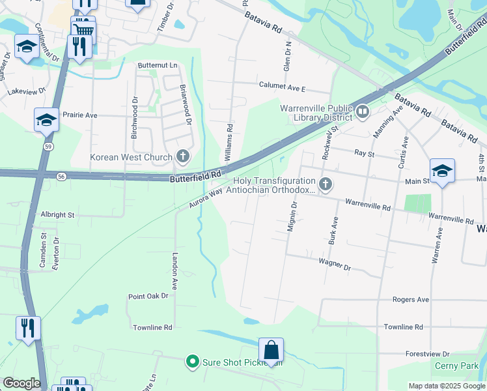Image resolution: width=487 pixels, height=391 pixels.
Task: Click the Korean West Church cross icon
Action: point(183,156)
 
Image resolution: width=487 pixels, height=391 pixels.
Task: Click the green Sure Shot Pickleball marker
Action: point(192,361)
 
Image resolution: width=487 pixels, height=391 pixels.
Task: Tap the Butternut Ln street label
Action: point(157,66)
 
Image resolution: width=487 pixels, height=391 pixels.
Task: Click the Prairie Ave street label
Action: point(79,115)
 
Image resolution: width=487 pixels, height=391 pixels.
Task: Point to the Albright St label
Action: point(58,214)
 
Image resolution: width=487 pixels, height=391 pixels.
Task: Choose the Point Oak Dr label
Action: point(148,296)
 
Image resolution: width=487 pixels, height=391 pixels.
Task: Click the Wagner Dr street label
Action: point(335,265)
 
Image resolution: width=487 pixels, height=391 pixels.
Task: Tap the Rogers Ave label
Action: point(410,300)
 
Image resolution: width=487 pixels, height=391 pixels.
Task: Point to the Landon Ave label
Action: point(174,271)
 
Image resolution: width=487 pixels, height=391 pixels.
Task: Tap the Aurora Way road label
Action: point(201,198)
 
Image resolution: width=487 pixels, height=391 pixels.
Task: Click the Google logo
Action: point(21,383)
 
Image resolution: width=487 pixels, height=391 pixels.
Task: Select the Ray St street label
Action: point(364,153)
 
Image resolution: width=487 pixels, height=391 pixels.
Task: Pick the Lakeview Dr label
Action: point(27,92)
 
